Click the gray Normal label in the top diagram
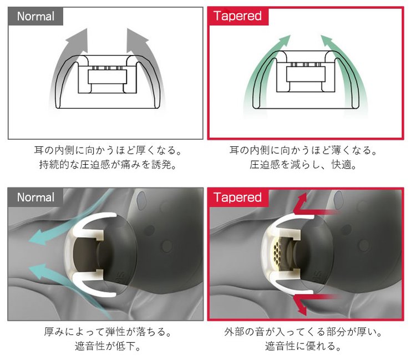pyautogui.click(x=35, y=16)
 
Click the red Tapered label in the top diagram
pyautogui.click(x=238, y=16)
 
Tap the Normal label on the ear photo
pyautogui.click(x=35, y=197)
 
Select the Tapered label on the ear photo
pyautogui.click(x=238, y=197)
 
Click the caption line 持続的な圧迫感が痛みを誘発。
pyautogui.click(x=108, y=165)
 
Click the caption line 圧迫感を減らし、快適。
pyautogui.click(x=303, y=165)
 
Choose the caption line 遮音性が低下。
pyautogui.click(x=108, y=346)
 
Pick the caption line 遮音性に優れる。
pyautogui.click(x=303, y=346)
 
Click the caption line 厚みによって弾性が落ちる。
pyautogui.click(x=108, y=332)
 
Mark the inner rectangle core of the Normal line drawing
pyautogui.click(x=107, y=77)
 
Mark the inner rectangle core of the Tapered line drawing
pyautogui.click(x=306, y=74)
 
